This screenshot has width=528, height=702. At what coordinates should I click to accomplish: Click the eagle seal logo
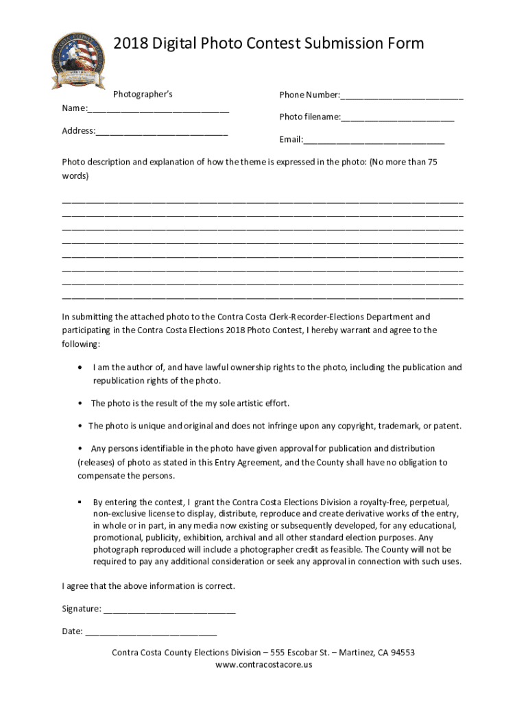click(78, 60)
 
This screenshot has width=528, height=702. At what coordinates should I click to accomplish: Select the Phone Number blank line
click(402, 96)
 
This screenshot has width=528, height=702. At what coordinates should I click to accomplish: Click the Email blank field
click(374, 141)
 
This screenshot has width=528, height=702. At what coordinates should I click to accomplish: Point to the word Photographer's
click(143, 94)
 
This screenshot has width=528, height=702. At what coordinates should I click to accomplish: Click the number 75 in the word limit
click(432, 162)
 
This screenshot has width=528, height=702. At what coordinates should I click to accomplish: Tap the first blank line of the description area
click(263, 204)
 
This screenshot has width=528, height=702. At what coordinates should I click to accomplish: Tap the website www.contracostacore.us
click(263, 664)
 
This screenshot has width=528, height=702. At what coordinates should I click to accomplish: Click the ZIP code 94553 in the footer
click(401, 653)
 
